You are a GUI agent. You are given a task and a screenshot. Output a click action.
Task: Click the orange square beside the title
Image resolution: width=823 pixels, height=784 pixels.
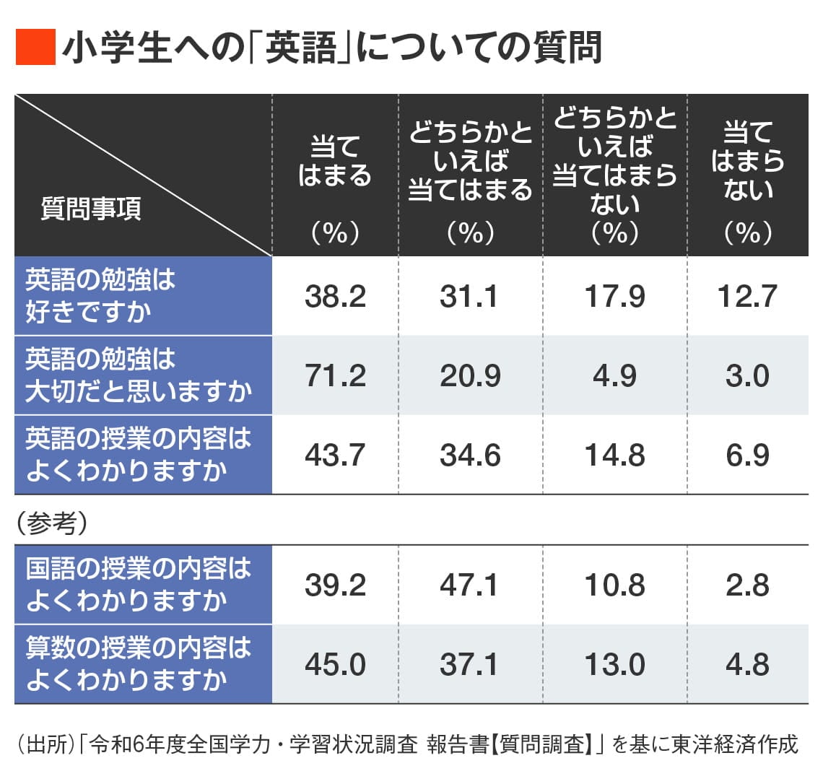pos(35,48)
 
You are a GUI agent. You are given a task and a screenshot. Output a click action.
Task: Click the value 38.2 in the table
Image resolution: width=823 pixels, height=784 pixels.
pos(335,297)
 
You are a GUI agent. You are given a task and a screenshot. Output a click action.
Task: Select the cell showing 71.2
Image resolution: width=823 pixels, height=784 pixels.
pos(335,376)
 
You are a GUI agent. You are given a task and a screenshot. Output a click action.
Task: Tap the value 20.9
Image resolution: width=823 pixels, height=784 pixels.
pos(470,376)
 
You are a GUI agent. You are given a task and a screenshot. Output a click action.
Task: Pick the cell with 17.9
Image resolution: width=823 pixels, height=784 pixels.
pos(614,297)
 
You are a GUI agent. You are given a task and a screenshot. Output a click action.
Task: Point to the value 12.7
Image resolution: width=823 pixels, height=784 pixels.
pos(747,297)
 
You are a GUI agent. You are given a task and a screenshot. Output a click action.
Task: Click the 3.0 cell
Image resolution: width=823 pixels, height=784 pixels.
pos(747,376)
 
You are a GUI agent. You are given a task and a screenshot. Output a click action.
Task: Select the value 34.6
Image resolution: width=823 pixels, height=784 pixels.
pos(470,456)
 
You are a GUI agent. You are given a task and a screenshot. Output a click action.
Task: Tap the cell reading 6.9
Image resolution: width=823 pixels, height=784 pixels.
pos(747,456)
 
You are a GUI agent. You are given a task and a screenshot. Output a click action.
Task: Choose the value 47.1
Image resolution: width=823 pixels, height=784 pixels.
pos(470,585)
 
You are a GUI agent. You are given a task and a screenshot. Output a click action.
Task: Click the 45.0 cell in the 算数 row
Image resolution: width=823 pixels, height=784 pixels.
pos(335,665)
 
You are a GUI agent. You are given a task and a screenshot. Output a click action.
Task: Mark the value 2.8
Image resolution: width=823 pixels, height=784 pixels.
pos(747,585)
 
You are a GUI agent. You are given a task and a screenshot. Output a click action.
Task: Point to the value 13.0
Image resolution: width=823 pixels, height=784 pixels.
pos(614,665)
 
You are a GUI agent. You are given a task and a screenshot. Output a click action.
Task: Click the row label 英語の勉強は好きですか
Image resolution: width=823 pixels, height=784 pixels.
pos(101,296)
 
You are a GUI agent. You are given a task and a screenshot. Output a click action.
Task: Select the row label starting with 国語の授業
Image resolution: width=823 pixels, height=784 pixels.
pos(137,585)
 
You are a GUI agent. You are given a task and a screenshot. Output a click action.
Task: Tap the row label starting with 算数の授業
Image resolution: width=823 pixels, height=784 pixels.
pos(137,664)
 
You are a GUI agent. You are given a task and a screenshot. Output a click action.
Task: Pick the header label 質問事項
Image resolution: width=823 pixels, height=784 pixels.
pos(91,209)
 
